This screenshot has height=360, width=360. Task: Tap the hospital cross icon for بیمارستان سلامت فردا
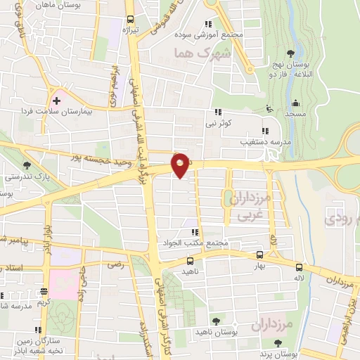pos(57,101)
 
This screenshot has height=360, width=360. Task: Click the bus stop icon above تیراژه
pos(130,20)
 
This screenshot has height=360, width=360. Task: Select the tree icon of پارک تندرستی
pos(27,166)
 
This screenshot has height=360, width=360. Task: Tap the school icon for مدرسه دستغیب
pos(264,131)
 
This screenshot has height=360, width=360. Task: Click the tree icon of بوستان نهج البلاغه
pos(290,53)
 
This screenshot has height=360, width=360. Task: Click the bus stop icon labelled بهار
pos(260,255)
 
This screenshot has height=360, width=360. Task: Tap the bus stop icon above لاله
pos(300,267)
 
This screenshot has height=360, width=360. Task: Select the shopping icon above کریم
pos(44,291)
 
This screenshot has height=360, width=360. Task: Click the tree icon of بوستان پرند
pos(279,342)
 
